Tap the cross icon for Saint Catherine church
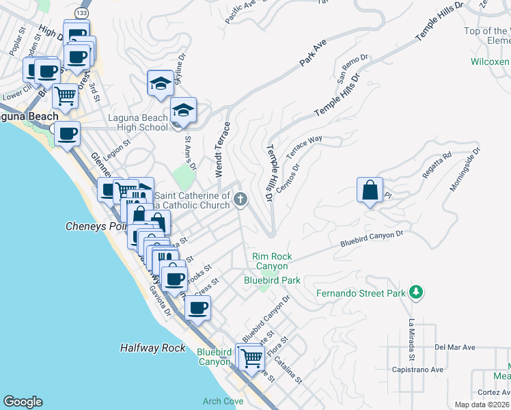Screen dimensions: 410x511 coord(240,200)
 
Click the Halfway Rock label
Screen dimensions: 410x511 coord(152,348)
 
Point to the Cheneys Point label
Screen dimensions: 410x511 coord(96,226)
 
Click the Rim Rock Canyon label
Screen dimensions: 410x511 coord(273,261)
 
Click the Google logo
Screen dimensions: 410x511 coord(23,402)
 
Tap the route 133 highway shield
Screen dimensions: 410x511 coord(82,13)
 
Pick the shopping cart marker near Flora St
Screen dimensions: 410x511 coord(251,356)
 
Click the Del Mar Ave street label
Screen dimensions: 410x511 coord(454,347)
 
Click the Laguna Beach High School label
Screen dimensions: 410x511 coord(139,122)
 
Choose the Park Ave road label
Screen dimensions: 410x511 coord(311,54)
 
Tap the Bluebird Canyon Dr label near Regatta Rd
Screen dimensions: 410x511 coord(372,238)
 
